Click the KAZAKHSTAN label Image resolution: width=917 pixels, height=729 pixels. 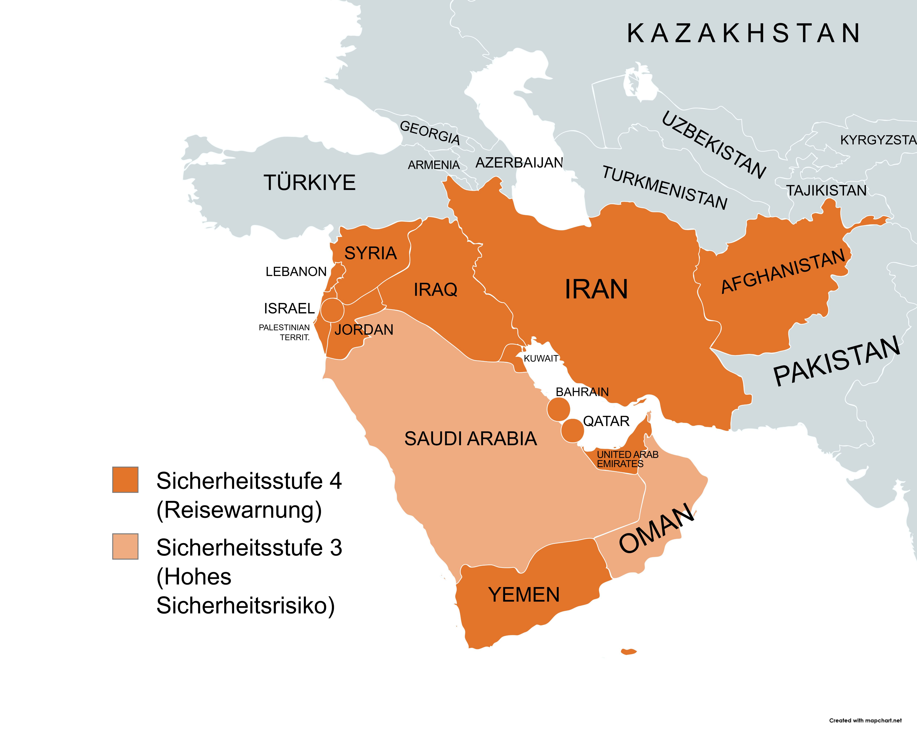744,34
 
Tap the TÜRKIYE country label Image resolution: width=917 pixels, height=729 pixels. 310,183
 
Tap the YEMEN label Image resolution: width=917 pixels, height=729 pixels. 524,595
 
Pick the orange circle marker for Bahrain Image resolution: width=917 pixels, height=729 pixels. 558,409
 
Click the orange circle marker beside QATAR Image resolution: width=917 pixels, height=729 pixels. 573,430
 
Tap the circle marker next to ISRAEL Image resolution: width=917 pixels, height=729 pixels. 332,310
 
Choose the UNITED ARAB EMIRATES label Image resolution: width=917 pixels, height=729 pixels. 627,459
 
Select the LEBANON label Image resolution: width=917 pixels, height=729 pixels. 296,272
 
